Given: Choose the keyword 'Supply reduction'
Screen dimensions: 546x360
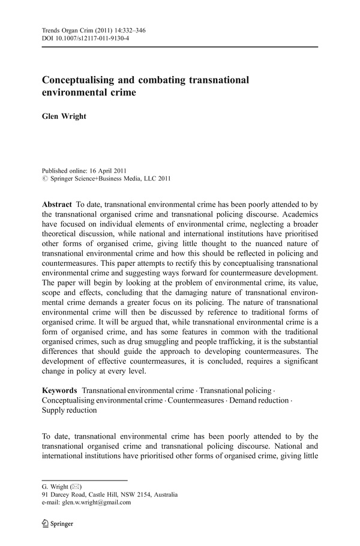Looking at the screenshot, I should click(x=69, y=411).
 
